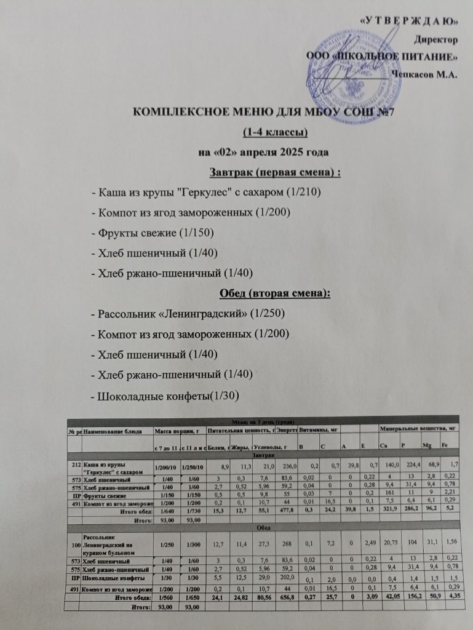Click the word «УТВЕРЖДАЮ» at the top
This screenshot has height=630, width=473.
click(407, 22)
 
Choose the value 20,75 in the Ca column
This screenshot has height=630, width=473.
click(388, 544)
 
